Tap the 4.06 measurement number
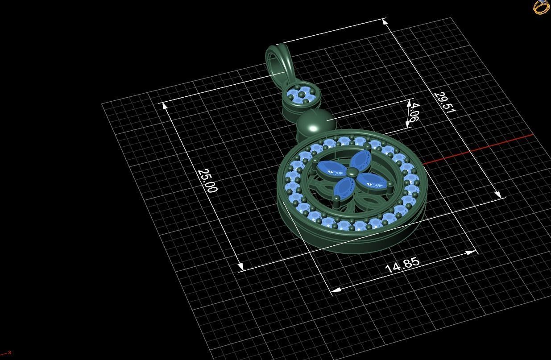click(x=413, y=112)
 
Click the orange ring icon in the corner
click(x=541, y=7)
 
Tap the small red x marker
click(x=9, y=352)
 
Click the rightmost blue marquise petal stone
click(x=371, y=179)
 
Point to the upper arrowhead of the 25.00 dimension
click(x=165, y=106)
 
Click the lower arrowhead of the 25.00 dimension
click(x=240, y=267)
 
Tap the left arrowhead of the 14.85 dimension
click(x=336, y=290)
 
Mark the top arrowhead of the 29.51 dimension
click(x=385, y=21)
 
